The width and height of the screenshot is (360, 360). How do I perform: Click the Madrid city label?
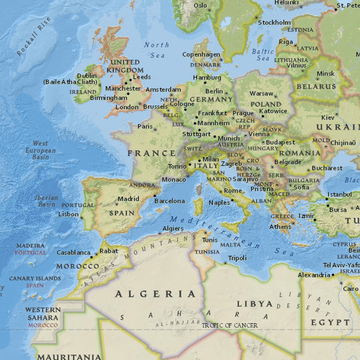point(128,199)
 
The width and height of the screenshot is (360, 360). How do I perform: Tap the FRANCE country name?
point(152,153)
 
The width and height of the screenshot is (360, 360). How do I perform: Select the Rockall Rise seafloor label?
point(34,36)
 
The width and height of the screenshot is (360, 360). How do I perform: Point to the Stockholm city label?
point(274,23)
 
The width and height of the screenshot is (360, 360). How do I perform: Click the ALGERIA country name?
point(155,294)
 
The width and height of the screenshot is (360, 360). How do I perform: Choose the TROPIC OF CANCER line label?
point(230,325)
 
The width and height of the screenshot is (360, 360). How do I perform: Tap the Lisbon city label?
point(68,214)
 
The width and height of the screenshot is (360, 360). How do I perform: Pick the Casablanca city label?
point(74,253)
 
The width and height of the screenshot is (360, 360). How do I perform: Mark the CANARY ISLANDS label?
point(35,278)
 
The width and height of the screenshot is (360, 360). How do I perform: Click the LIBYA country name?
point(255,304)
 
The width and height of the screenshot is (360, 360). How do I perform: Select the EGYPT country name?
point(330,322)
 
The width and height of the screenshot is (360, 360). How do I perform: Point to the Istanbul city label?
point(340,194)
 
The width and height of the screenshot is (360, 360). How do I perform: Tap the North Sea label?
point(157,50)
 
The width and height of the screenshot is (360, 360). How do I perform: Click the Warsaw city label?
point(261,93)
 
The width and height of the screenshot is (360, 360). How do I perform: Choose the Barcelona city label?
point(170,201)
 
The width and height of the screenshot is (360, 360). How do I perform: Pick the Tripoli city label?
point(237,258)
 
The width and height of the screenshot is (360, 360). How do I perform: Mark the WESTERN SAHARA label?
point(43,314)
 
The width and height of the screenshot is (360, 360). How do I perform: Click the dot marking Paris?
point(155,130)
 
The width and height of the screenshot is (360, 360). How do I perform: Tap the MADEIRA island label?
point(30,246)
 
